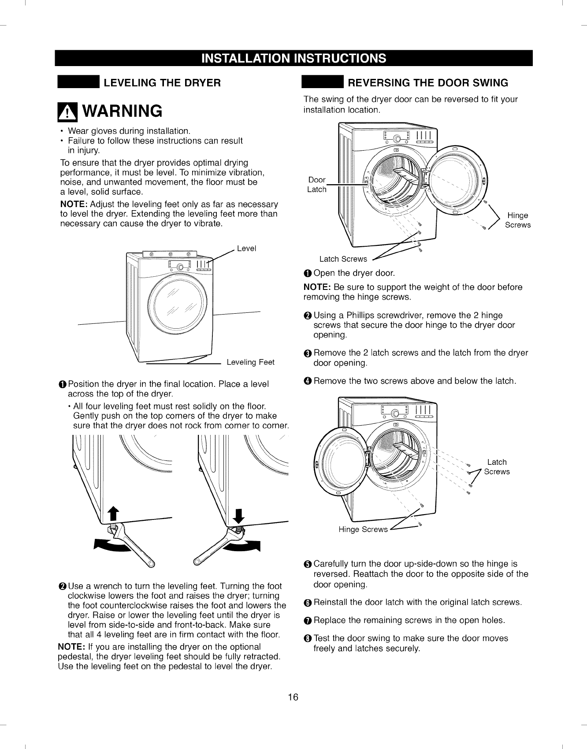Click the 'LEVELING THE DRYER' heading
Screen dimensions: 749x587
click(162, 83)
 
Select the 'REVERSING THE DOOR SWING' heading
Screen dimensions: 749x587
click(427, 83)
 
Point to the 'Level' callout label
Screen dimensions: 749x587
click(246, 248)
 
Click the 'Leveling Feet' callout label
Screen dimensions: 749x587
click(250, 362)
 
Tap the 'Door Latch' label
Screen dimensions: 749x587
click(316, 185)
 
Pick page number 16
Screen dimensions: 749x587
click(293, 697)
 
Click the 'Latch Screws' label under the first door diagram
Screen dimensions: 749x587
click(343, 259)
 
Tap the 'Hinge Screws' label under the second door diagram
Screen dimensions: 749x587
click(363, 529)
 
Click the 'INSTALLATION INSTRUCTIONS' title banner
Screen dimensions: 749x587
click(293, 59)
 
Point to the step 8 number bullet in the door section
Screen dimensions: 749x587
click(307, 639)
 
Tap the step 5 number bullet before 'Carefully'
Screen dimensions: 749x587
click(307, 564)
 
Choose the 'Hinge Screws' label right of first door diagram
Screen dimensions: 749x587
click(517, 220)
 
